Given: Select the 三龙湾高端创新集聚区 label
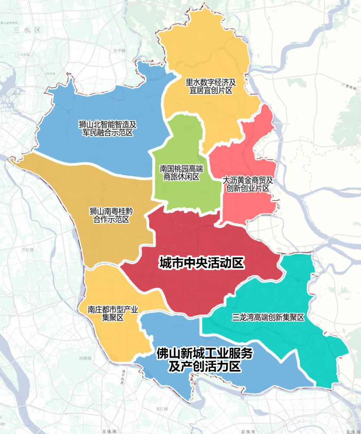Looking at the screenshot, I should click(x=268, y=318).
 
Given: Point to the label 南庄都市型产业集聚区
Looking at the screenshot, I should click(x=113, y=313).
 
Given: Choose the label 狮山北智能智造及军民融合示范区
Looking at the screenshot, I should click(x=108, y=128).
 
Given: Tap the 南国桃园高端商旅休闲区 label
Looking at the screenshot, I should click(x=181, y=172).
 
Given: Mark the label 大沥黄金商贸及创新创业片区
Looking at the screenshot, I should click(x=248, y=184).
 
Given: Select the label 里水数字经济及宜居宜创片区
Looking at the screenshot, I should click(x=211, y=86).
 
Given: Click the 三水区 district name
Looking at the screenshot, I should click(x=27, y=30).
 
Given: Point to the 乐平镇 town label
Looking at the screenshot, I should click(x=119, y=50).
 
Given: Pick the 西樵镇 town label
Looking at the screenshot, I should click(x=85, y=358).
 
